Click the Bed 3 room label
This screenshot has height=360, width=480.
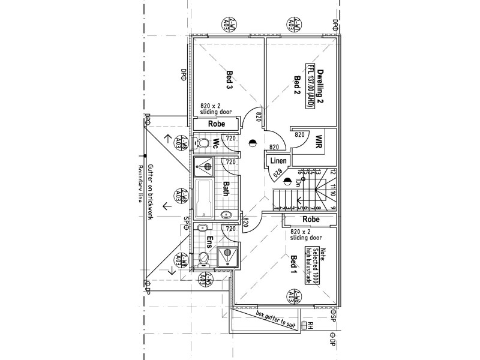[229, 80]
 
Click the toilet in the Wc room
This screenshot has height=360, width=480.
[202, 143]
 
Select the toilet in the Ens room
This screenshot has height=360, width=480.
[203, 258]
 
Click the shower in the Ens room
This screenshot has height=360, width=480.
[227, 257]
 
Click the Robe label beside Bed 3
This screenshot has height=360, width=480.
[216, 124]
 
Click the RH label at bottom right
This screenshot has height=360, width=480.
[311, 326]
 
